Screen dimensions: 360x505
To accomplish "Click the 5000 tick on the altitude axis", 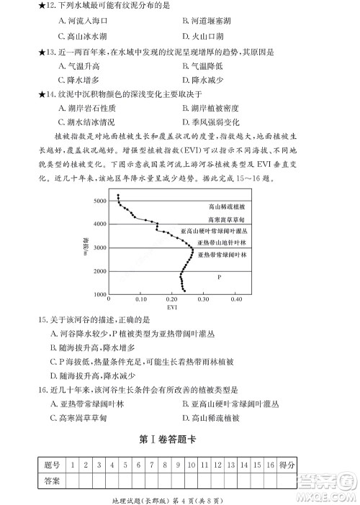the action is [98, 201].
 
